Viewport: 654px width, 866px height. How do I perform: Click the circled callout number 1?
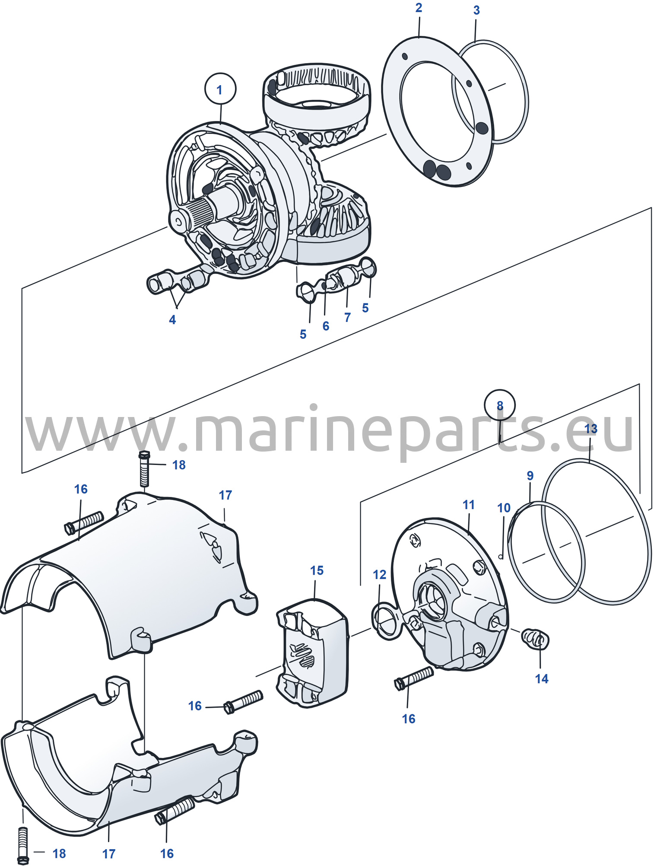[x=220, y=89]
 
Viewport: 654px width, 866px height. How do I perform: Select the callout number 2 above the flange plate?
[x=419, y=8]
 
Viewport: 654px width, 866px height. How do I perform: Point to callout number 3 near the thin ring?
[x=476, y=10]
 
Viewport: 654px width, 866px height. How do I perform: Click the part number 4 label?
[x=172, y=320]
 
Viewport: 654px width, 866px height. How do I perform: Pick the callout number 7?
[x=347, y=318]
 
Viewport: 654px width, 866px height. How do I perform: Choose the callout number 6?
[x=326, y=326]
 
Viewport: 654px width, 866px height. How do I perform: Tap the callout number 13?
[x=591, y=429]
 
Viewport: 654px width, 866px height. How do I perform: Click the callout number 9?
[x=530, y=476]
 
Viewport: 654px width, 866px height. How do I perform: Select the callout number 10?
[x=504, y=508]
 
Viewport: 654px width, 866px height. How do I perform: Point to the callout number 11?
[x=468, y=505]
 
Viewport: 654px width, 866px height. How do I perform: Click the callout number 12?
[x=379, y=575]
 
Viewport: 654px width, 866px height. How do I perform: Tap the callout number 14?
[x=541, y=679]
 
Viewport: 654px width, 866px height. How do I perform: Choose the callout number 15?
[x=317, y=570]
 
